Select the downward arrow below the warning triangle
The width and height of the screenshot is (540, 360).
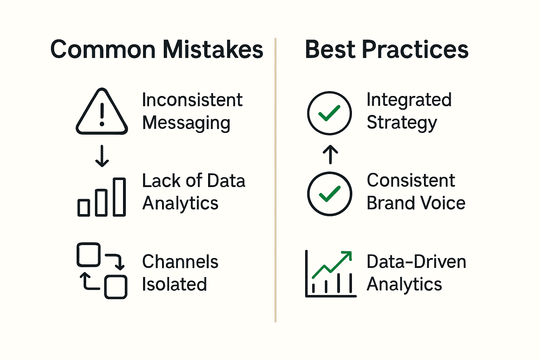[102, 156]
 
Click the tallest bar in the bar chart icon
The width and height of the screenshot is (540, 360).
[119, 197]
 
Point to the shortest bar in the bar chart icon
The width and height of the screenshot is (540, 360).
[84, 207]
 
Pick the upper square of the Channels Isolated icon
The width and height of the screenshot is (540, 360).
[88, 255]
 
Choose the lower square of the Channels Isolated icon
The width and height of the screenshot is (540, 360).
[116, 287]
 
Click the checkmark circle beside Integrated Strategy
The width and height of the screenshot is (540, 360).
[329, 113]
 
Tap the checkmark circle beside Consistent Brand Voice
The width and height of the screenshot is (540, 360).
[329, 193]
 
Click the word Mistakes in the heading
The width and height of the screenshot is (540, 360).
[213, 50]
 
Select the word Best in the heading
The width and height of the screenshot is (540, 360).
[330, 50]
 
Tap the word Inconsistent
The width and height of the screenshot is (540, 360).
[192, 100]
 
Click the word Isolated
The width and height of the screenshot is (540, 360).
[174, 284]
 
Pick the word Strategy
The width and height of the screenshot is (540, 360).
[402, 123]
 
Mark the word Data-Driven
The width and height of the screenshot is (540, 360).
[416, 262]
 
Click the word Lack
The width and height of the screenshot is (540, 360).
[162, 181]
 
